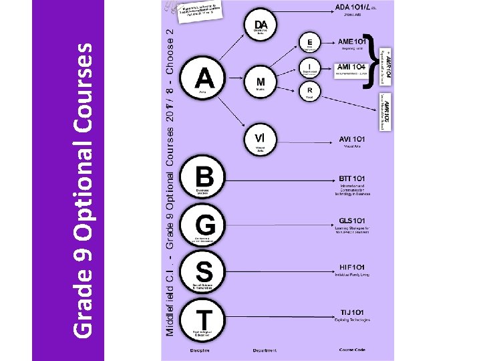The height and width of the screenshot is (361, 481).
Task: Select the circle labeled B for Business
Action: coord(204,178)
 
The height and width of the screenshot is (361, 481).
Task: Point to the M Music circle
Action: coord(261,83)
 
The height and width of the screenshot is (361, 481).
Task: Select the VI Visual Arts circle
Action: coord(261,140)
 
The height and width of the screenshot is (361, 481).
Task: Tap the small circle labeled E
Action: coord(309,41)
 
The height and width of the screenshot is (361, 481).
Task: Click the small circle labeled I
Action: coord(309,66)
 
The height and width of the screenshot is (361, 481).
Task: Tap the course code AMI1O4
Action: coord(350,67)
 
